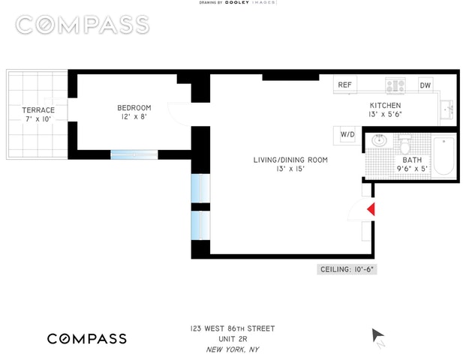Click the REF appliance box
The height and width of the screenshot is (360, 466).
[x=345, y=85]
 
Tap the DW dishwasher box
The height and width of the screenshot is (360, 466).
[x=425, y=85]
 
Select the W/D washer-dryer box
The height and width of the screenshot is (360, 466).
[x=347, y=134]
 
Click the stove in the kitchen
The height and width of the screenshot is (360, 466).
[x=396, y=84]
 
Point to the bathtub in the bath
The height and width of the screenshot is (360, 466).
[x=444, y=155]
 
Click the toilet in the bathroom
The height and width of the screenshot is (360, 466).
[x=405, y=141]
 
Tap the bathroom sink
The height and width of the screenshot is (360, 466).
[x=379, y=140]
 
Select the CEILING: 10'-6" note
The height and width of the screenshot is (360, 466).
[x=346, y=269]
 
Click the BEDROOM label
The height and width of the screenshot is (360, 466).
[x=134, y=107]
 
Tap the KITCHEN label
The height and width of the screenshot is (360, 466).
[x=385, y=106]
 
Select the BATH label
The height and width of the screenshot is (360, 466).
[x=412, y=160]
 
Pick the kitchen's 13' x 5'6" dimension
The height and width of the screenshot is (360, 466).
[x=385, y=115]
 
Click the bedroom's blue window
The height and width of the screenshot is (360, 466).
[x=134, y=154]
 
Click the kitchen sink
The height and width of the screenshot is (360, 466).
[x=448, y=109]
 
